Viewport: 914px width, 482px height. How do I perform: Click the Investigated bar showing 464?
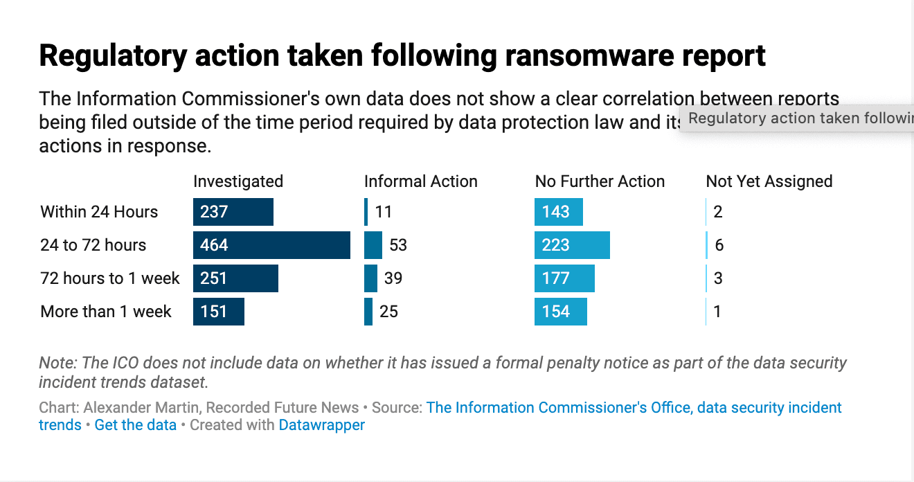point(271,245)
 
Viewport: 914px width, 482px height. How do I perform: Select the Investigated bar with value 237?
point(233,212)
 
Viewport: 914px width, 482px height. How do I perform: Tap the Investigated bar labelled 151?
point(219,312)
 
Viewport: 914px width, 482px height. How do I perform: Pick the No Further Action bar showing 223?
point(572,245)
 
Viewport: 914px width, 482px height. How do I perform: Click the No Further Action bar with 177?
point(564,278)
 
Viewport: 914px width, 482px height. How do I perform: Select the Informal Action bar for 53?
point(373,245)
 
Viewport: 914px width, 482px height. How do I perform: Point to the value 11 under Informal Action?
point(384,212)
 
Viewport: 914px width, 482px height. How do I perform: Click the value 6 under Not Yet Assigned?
point(719,245)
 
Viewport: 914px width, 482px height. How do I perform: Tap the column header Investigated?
point(238,181)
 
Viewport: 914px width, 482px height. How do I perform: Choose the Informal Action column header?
point(421,181)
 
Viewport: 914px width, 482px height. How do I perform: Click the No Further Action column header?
point(600,181)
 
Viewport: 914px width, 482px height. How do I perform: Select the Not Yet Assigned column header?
point(769,181)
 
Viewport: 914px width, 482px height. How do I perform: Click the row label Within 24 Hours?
point(99,212)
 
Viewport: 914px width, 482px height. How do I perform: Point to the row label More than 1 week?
point(106,312)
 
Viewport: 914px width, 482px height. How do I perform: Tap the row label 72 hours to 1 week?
point(110,278)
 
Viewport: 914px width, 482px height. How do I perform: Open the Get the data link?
point(136,425)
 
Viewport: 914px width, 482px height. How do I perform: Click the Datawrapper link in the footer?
point(321,425)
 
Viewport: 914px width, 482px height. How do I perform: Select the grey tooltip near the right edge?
point(796,118)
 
